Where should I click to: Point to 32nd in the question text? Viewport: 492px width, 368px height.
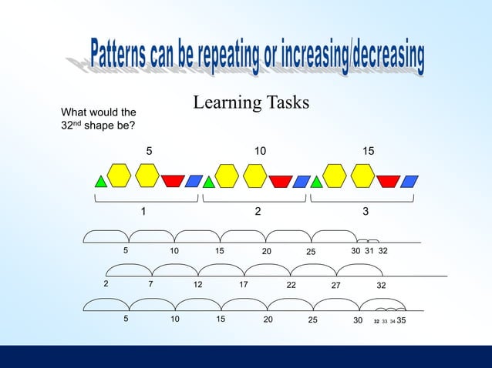(x=72, y=127)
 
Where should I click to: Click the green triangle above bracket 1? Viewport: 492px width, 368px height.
(x=100, y=182)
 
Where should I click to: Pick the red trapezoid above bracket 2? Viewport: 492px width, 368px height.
(x=280, y=181)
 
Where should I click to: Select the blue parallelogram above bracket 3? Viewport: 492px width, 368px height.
(x=409, y=181)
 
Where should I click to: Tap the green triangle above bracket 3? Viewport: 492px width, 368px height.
(x=316, y=182)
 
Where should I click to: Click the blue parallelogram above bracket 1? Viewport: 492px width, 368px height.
(x=194, y=181)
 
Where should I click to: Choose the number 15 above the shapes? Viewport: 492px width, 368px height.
(x=369, y=152)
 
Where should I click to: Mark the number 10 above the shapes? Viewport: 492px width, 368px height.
(x=261, y=152)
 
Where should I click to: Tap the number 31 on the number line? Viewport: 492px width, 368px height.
(x=369, y=251)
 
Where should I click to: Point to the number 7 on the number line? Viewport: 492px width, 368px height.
(x=151, y=285)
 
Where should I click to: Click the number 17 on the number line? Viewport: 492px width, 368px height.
(x=244, y=285)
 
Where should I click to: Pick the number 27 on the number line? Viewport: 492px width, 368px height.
(x=336, y=286)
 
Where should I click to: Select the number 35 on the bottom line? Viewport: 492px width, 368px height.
(x=402, y=319)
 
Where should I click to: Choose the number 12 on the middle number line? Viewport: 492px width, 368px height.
(x=198, y=285)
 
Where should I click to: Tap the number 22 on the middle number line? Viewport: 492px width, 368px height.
(x=291, y=286)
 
